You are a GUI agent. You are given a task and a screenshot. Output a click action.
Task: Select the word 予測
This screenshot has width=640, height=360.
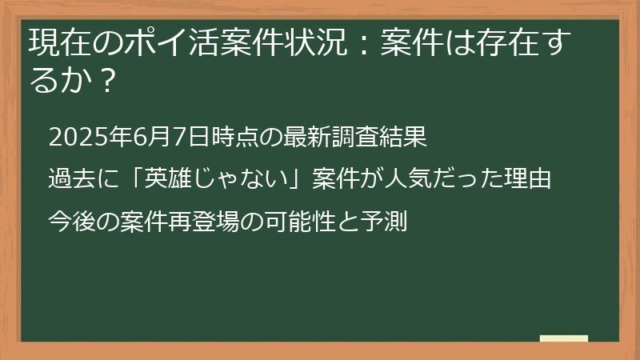click(388, 220)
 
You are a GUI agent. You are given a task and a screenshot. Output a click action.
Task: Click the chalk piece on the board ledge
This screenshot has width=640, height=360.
click(564, 338)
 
